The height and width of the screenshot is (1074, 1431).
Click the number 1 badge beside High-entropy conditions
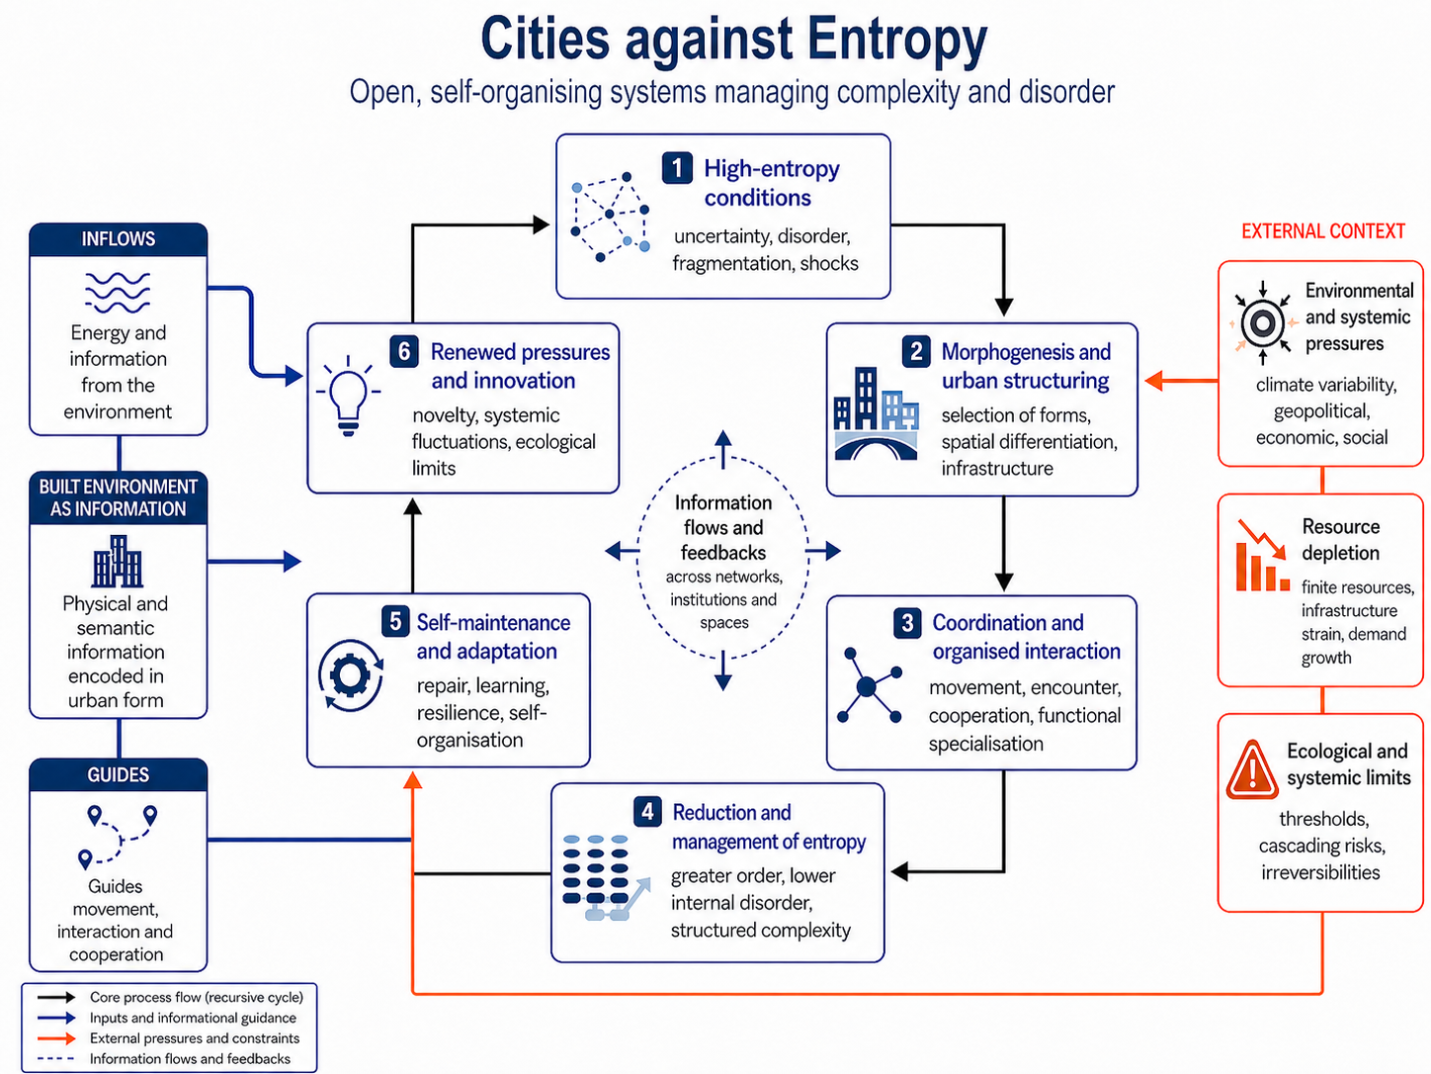click(x=677, y=168)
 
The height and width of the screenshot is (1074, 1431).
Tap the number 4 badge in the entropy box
click(x=646, y=812)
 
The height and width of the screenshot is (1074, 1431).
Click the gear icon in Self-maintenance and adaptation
click(x=350, y=674)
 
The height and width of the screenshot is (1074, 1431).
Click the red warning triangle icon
click(x=1252, y=769)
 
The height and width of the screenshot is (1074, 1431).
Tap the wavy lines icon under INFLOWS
click(x=118, y=293)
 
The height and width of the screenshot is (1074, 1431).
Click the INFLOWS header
click(x=118, y=238)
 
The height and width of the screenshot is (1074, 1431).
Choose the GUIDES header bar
click(x=118, y=774)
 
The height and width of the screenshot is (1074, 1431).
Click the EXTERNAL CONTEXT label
click(x=1322, y=230)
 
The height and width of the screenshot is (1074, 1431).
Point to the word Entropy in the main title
click(x=897, y=41)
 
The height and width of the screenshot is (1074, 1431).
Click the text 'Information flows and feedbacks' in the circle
click(x=723, y=527)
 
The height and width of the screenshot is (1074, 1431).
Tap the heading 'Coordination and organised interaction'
click(x=1026, y=637)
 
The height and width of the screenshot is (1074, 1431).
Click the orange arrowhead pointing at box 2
click(x=1154, y=380)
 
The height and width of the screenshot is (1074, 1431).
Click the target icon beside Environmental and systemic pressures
click(x=1262, y=322)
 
